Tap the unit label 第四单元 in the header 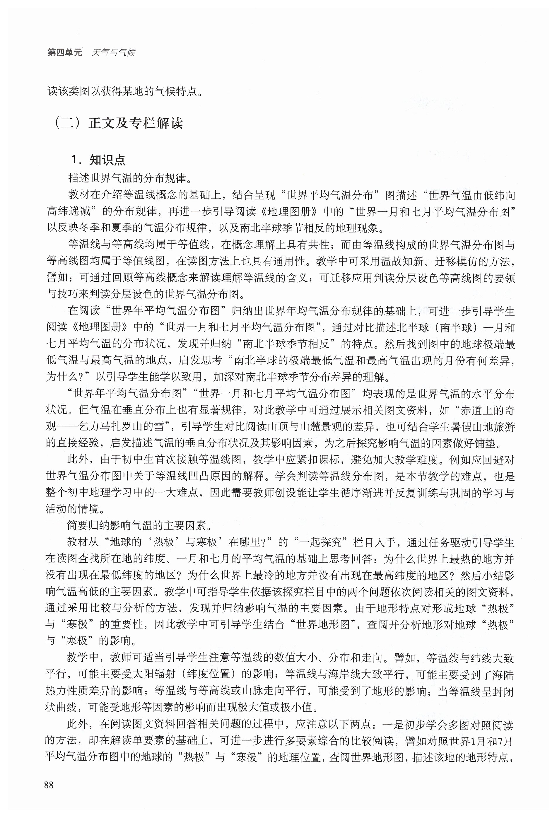(65, 53)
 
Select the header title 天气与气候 (113, 53)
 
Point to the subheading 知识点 (107, 160)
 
